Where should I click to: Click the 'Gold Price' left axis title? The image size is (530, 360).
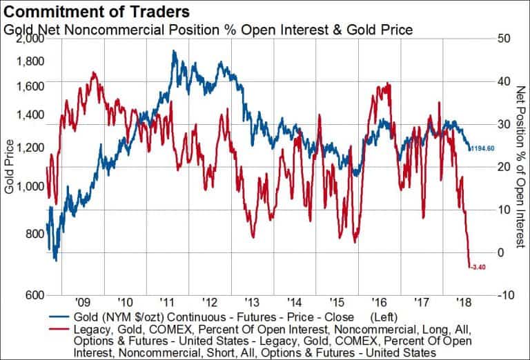pos(9,166)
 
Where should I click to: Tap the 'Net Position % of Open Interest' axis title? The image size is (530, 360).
pos(520,166)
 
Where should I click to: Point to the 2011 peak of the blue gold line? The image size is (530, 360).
pos(174,51)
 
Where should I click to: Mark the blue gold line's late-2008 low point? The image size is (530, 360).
pos(55,260)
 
